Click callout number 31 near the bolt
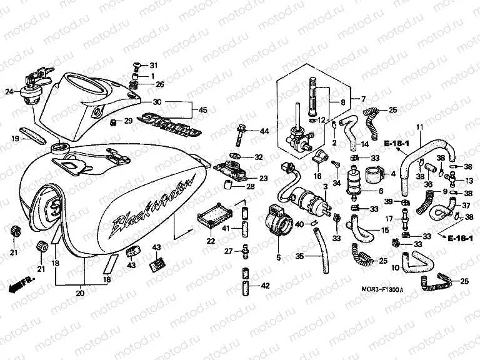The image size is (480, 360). (154, 66)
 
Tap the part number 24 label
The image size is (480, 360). (9, 92)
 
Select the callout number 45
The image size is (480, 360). (203, 111)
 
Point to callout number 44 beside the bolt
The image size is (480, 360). (264, 131)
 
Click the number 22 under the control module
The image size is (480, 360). (211, 241)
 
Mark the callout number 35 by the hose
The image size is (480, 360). (300, 256)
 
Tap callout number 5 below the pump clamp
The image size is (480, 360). (279, 256)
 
